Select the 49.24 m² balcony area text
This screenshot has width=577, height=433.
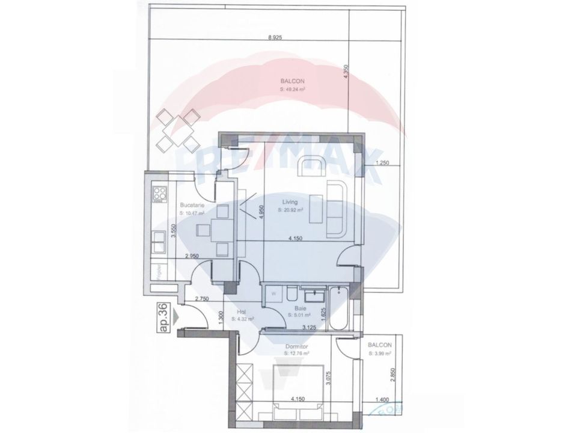tap(293, 88)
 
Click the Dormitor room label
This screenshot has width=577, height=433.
tap(297, 346)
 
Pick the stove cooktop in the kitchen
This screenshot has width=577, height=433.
tap(160, 194)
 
